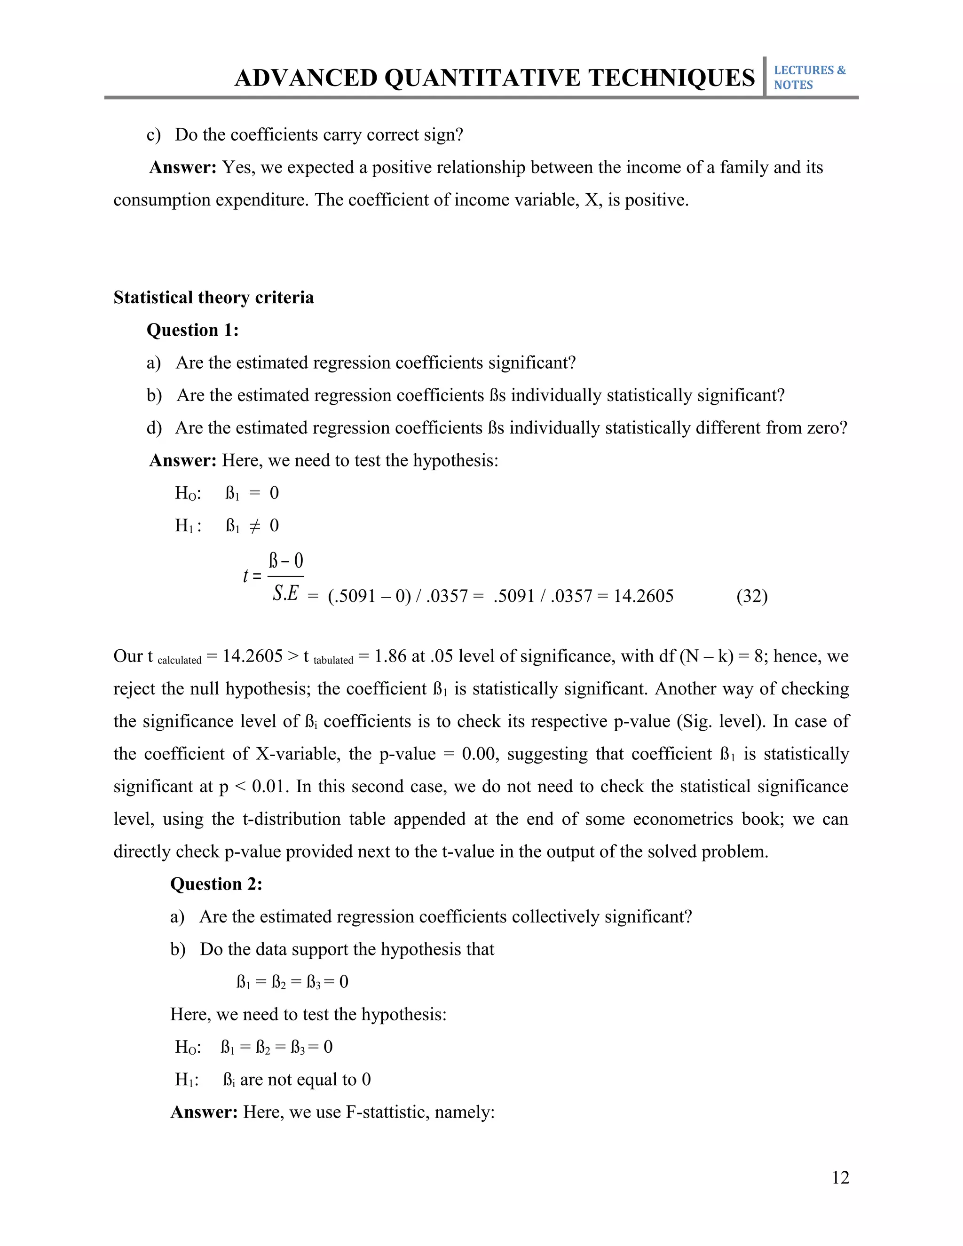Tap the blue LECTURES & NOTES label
coord(809,78)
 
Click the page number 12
coord(840,1177)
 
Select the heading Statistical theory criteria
coord(213,298)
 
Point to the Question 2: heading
coord(216,884)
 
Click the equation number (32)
coord(752,596)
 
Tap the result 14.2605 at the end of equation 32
coord(643,596)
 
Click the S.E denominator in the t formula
coord(285,594)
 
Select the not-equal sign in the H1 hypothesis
coord(255,526)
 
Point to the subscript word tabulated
coord(333,661)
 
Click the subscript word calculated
coord(179,661)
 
